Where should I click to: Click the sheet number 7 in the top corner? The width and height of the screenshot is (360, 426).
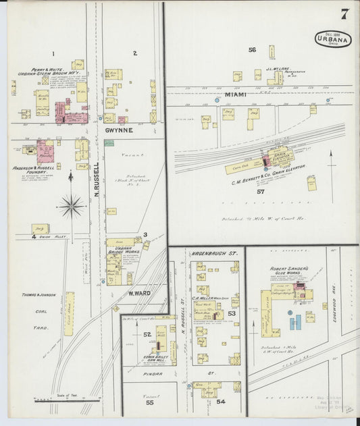[344, 14]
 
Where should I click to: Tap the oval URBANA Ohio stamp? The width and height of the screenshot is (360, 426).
[332, 38]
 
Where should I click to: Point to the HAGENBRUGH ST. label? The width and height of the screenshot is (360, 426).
[215, 253]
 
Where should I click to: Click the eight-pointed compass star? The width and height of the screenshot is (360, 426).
[71, 206]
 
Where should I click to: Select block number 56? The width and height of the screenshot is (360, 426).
[252, 50]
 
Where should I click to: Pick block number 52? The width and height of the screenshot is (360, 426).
[147, 334]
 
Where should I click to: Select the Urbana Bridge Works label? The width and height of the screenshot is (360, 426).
[119, 250]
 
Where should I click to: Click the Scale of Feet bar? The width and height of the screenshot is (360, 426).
[57, 398]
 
